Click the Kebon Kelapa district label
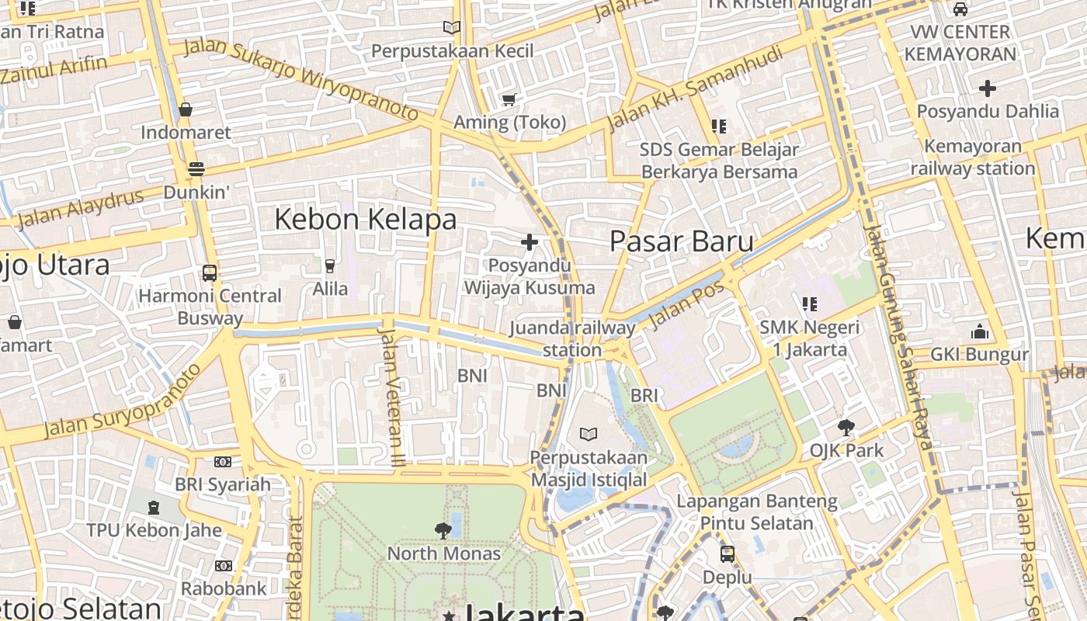(366, 220)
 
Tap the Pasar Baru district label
(681, 241)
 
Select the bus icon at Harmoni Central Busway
(210, 273)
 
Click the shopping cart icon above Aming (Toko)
(509, 99)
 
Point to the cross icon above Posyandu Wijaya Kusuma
(530, 242)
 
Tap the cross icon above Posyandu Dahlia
(988, 88)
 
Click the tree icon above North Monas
(443, 531)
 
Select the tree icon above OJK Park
(846, 427)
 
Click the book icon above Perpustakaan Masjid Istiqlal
(589, 434)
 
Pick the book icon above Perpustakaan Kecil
(451, 28)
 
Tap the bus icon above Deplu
(728, 554)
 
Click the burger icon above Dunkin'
(196, 169)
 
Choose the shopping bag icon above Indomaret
(186, 109)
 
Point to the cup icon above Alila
(330, 266)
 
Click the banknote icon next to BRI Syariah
(223, 462)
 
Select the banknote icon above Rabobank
(224, 566)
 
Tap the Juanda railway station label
(572, 339)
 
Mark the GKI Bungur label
(979, 356)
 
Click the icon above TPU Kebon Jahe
(154, 508)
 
